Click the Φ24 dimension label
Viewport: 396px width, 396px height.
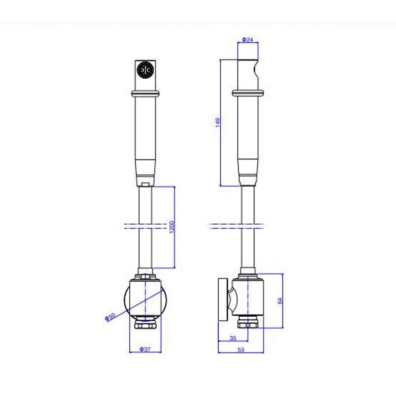click(247, 40)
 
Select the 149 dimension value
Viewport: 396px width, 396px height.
click(218, 122)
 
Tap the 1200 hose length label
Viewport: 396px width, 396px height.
click(172, 227)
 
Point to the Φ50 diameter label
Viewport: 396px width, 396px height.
click(110, 317)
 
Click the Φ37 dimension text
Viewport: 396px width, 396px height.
click(145, 349)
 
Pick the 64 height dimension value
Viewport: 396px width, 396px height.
click(280, 301)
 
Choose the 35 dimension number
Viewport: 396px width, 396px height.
click(233, 338)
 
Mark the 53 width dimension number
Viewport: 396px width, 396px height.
click(241, 349)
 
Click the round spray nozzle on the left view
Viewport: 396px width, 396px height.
click(145, 70)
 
